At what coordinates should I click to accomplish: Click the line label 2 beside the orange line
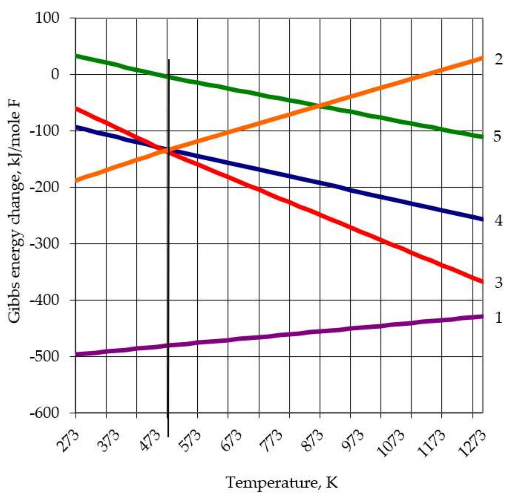[x=499, y=60]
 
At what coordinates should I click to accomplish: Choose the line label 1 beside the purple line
[x=498, y=318]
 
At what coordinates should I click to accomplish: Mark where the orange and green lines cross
[x=320, y=106]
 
